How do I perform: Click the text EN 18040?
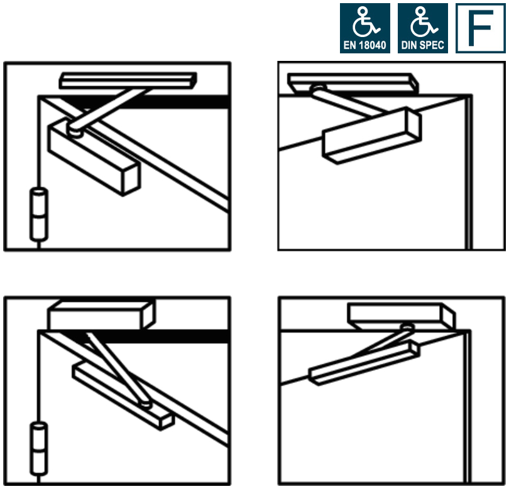click(x=364, y=46)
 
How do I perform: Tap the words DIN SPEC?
click(x=423, y=46)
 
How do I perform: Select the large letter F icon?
click(x=480, y=28)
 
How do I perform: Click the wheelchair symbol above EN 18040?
click(x=364, y=23)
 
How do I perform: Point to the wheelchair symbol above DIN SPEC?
click(x=423, y=23)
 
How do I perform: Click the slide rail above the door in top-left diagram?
click(x=128, y=80)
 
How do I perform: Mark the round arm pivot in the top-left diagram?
click(x=76, y=131)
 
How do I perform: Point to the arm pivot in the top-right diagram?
click(x=317, y=90)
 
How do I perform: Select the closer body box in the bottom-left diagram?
click(x=101, y=314)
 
